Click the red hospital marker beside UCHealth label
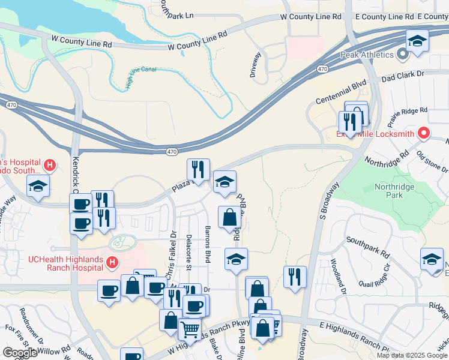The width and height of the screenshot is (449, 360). (x=112, y=262)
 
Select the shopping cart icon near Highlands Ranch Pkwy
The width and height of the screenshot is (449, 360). (x=189, y=328)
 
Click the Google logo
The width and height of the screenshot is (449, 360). (x=20, y=353)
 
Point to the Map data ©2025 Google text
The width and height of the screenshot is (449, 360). (x=412, y=355)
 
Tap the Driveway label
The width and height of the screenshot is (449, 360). (x=257, y=65)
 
